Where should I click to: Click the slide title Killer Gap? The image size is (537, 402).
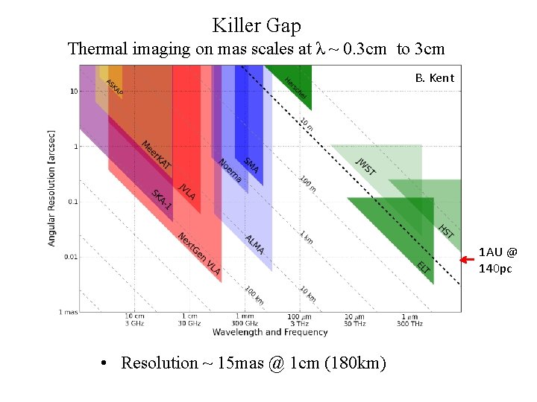click(x=257, y=25)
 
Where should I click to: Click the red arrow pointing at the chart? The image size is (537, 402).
click(x=468, y=260)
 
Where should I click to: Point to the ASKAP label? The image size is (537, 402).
click(x=114, y=86)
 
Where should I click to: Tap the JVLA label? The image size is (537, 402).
click(x=186, y=191)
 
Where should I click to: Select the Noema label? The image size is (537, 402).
click(x=230, y=170)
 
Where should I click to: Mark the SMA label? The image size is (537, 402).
click(x=251, y=166)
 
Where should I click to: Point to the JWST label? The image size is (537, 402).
click(x=365, y=167)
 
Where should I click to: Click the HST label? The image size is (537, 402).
click(x=445, y=232)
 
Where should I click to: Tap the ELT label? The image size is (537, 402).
click(x=424, y=267)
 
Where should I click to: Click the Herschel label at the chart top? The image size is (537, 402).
click(x=295, y=89)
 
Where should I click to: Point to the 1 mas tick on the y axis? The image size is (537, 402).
click(x=68, y=313)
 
